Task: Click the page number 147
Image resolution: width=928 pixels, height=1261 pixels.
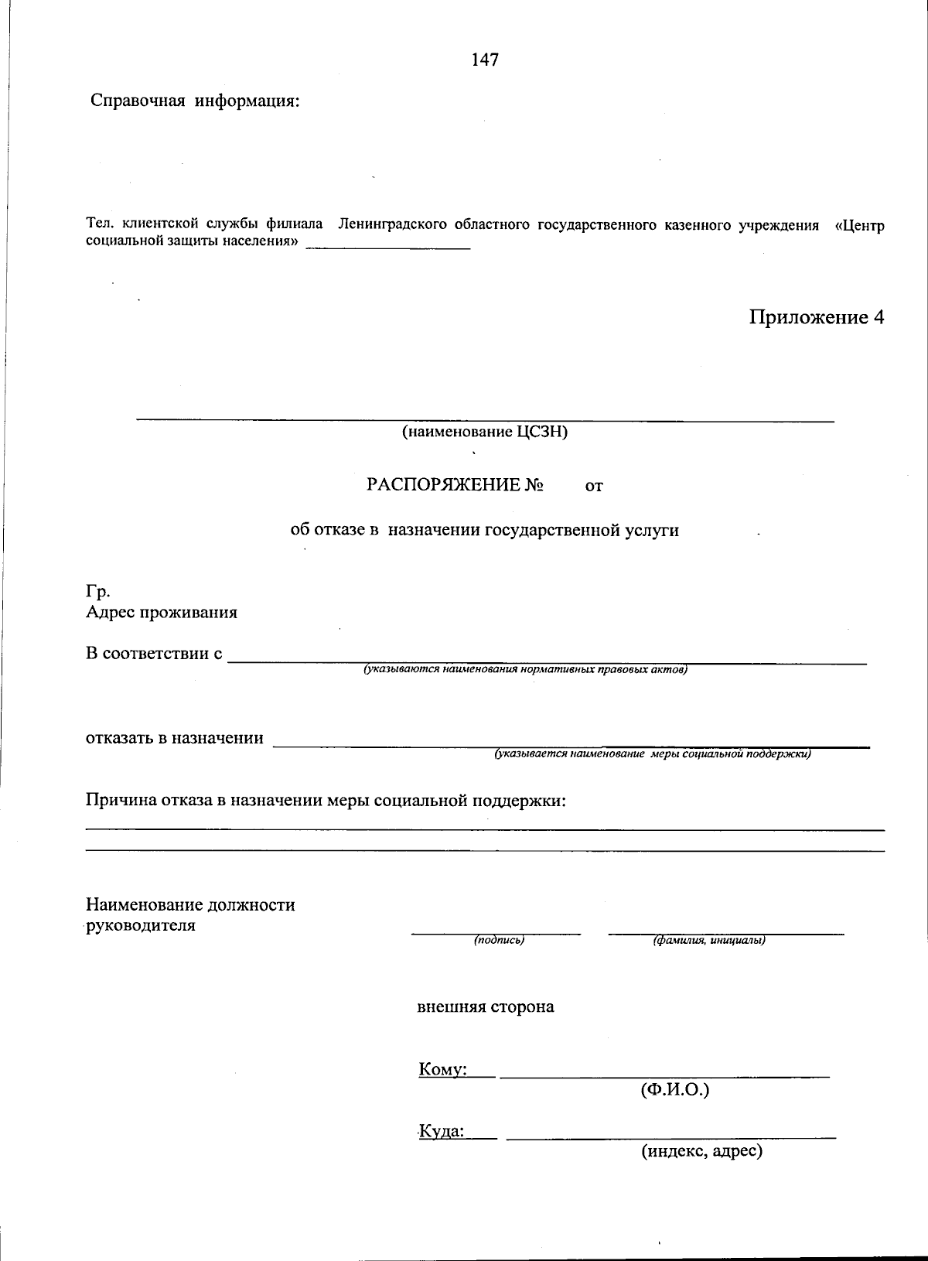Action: coord(485,60)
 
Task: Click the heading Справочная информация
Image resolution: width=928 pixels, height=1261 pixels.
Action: coord(195,101)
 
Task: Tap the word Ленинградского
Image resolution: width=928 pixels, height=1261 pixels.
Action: coord(392,225)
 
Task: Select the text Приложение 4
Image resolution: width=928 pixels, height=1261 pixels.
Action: coord(815,317)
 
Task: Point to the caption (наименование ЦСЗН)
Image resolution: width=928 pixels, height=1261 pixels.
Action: coord(484,432)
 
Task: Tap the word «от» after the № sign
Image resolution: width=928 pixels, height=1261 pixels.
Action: coord(594,486)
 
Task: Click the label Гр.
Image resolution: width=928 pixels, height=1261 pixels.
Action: coord(97,592)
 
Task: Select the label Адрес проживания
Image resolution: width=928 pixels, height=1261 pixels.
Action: coord(161,613)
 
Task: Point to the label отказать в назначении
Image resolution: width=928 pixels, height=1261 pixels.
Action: coord(174,738)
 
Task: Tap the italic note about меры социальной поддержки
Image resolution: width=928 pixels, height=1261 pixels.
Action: coord(653,754)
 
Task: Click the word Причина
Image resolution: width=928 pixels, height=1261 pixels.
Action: coord(120,800)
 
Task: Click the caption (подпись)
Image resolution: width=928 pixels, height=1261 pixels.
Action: coord(499,940)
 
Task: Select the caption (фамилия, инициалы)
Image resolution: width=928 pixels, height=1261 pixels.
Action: coord(709,940)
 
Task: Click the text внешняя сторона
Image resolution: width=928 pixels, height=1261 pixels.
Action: coord(485,1007)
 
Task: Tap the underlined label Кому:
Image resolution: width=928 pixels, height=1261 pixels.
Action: coord(442,1070)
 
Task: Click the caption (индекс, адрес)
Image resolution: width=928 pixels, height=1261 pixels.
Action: coord(701,1151)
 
